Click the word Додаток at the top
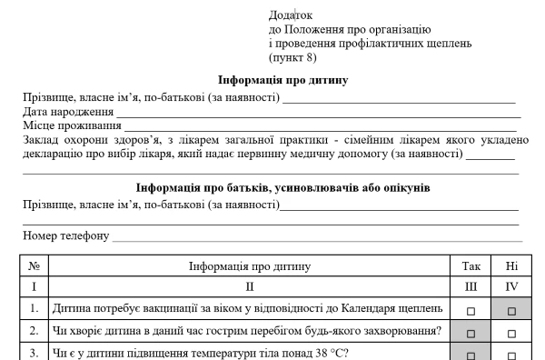point(291,15)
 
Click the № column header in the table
point(34,266)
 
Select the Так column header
point(471,266)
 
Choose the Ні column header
point(511,266)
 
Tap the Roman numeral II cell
point(248,287)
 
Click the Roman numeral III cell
point(471,287)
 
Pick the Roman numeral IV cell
point(511,287)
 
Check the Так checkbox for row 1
point(471,310)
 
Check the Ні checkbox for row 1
point(511,310)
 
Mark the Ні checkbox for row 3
point(511,355)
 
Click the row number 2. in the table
point(34,331)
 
